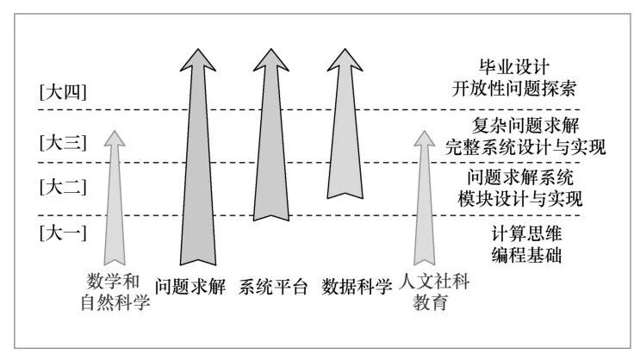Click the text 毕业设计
pos(515,67)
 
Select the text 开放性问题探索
pos(515,88)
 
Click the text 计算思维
pos(515,231)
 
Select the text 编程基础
pos(515,252)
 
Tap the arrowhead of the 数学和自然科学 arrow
pos(112,142)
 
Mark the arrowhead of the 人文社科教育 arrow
pos(423,142)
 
